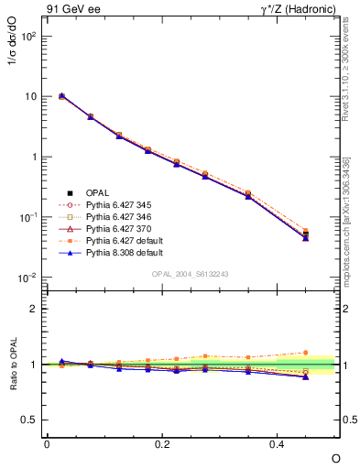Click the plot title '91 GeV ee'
(x=71, y=10)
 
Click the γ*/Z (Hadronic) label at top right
(x=293, y=10)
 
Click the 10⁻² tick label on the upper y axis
(x=27, y=278)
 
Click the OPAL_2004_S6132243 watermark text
(x=190, y=274)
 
